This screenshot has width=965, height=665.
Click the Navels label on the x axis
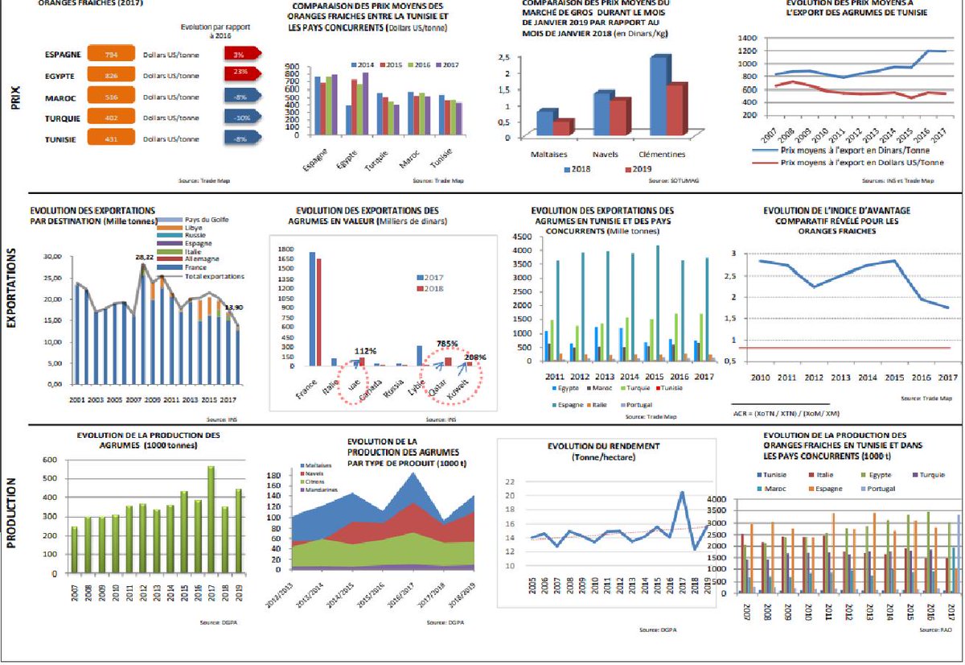click(605, 153)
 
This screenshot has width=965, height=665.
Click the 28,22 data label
click(145, 256)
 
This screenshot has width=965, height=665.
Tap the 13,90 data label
click(235, 308)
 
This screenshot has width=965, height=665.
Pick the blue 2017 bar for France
click(312, 308)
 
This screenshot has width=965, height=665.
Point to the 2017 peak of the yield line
click(681, 492)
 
